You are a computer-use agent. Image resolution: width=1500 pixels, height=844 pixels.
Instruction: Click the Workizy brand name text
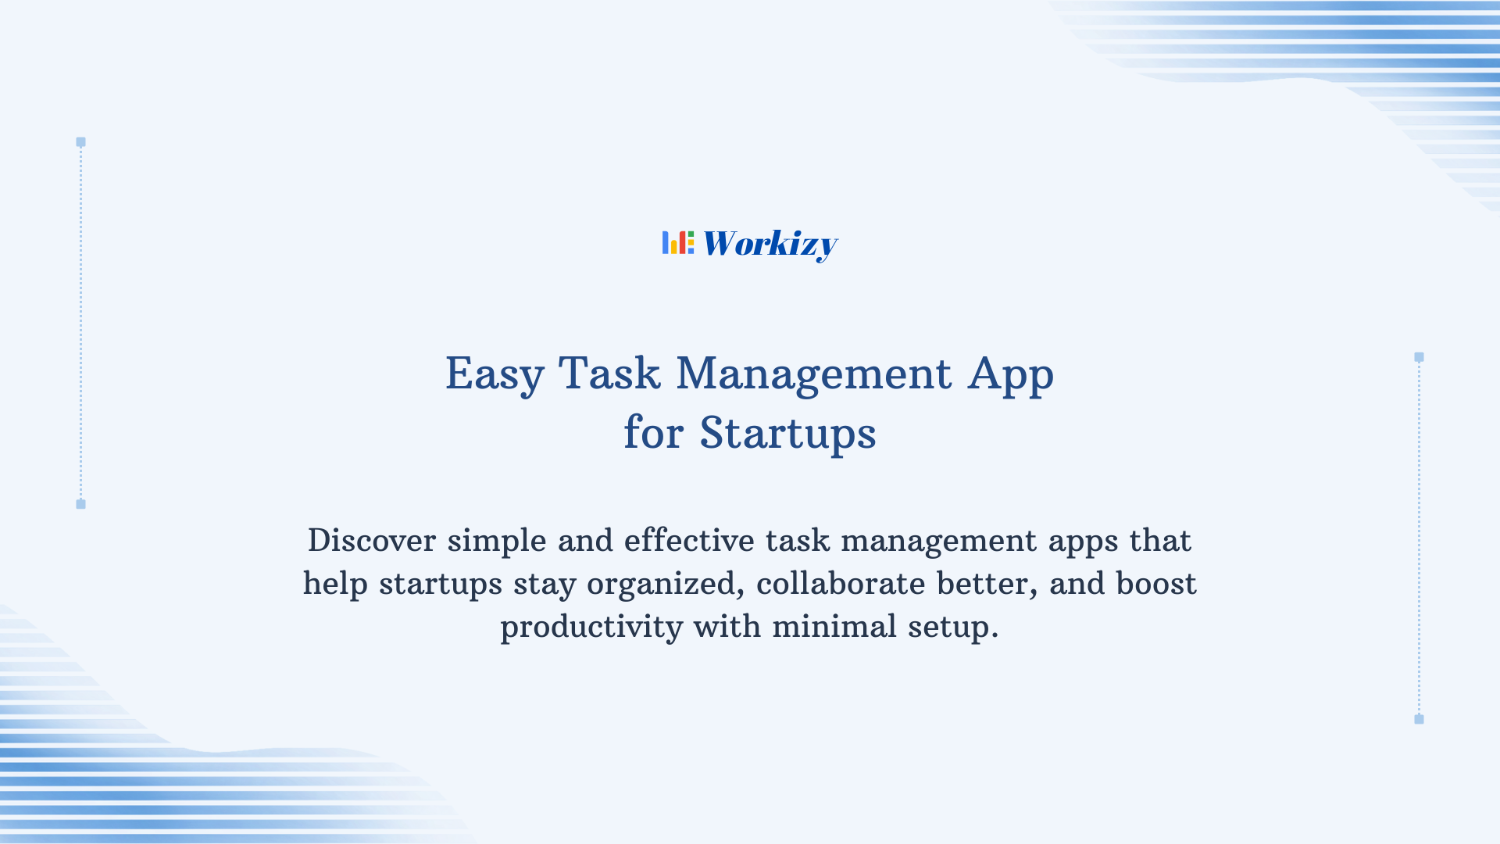[x=770, y=244]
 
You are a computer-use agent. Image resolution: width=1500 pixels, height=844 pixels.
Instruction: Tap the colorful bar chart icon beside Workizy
[x=677, y=242]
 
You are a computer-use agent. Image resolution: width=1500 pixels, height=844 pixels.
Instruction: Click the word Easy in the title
[x=494, y=374]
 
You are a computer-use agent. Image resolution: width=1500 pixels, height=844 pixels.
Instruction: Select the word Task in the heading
[x=609, y=373]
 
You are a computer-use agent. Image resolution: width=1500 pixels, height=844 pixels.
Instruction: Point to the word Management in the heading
[x=813, y=374]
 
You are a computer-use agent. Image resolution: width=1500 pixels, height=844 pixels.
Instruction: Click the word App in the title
[x=1011, y=374]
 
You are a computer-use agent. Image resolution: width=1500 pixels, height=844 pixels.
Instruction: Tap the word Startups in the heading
[x=787, y=434]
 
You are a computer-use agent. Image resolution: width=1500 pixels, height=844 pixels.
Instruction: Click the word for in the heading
[x=653, y=432]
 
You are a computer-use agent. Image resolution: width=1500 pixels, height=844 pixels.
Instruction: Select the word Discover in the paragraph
[x=371, y=541]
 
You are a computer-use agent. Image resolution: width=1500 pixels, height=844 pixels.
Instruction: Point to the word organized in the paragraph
[x=665, y=585]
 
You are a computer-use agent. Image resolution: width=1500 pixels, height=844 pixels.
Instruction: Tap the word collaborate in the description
[x=841, y=584]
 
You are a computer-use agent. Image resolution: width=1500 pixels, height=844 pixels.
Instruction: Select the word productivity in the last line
[x=591, y=628]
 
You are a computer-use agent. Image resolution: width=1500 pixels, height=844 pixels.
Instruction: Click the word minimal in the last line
[x=834, y=627]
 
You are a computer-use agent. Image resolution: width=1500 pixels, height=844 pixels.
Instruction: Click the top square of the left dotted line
[x=80, y=142]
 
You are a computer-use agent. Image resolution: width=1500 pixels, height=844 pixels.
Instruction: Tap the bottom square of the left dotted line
[x=80, y=504]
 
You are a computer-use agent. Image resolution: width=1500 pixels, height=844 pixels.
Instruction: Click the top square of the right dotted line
[x=1419, y=357]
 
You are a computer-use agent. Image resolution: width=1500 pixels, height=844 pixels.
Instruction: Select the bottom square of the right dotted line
[x=1419, y=719]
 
